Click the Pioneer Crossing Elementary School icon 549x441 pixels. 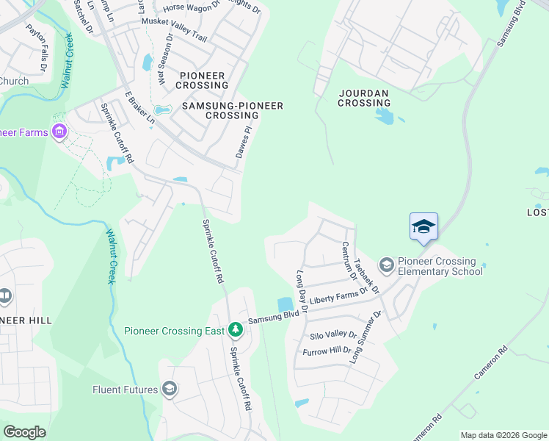pyautogui.click(x=386, y=264)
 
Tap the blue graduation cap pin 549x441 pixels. pyautogui.click(x=423, y=226)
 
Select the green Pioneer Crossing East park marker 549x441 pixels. pyautogui.click(x=236, y=330)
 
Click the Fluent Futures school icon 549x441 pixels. pyautogui.click(x=170, y=389)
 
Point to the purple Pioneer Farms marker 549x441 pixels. pyautogui.click(x=59, y=132)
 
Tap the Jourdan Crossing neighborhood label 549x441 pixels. pyautogui.click(x=364, y=98)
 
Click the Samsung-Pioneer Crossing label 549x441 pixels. pyautogui.click(x=233, y=110)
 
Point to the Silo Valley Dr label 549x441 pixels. pyautogui.click(x=332, y=334)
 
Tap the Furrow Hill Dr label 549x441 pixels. pyautogui.click(x=327, y=351)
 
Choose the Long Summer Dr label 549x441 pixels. pyautogui.click(x=366, y=337)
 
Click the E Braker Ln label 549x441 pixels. pyautogui.click(x=139, y=107)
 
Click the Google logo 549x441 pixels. pyautogui.click(x=24, y=431)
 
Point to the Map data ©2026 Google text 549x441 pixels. pyautogui.click(x=503, y=435)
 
